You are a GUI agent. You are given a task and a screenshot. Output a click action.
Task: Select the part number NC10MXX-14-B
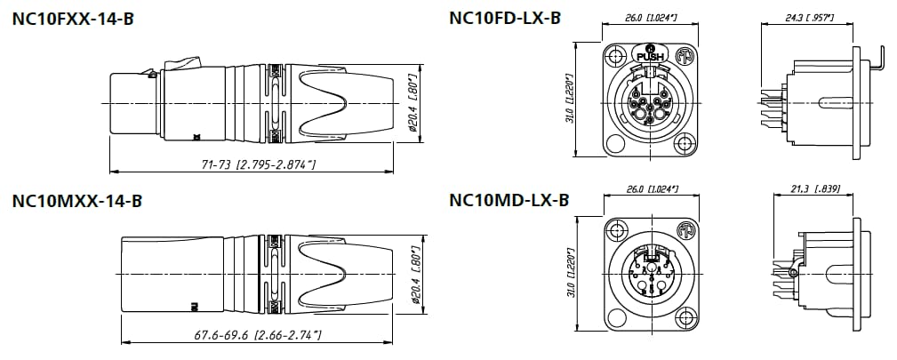tap(77, 201)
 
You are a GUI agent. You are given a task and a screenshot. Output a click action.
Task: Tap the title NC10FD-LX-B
tap(505, 18)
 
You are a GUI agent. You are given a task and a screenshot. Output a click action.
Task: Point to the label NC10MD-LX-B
tap(509, 201)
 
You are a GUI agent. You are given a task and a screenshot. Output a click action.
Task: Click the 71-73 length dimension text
tap(252, 164)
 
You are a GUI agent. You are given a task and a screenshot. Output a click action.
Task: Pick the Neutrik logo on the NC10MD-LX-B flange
tap(685, 231)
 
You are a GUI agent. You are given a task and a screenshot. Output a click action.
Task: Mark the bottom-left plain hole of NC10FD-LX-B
tap(617, 143)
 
